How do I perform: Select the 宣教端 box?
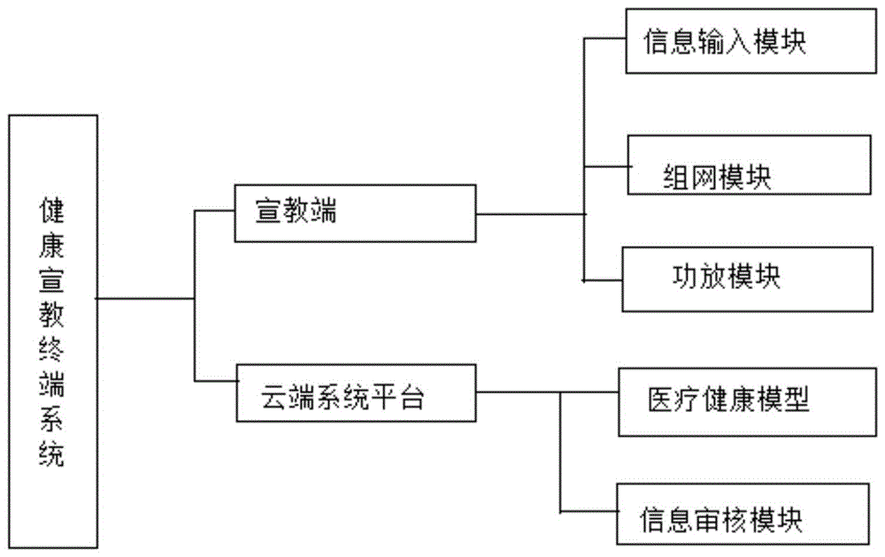coord(354,213)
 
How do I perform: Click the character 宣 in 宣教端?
coord(267,212)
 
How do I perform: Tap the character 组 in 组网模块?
coord(677,178)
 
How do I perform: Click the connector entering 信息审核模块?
coord(589,512)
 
